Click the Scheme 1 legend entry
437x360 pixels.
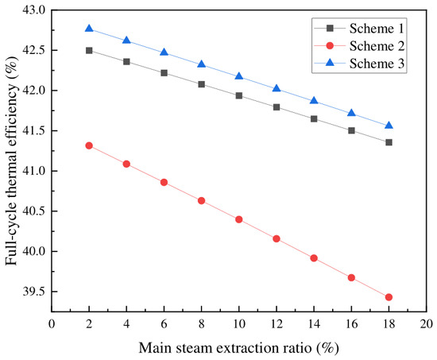(359, 29)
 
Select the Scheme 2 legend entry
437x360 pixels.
(359, 46)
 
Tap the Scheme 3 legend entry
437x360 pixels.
(359, 64)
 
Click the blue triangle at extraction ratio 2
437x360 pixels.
(89, 28)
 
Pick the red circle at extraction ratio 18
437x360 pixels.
(389, 297)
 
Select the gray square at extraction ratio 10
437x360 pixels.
(239, 95)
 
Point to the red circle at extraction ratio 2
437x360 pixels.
(89, 145)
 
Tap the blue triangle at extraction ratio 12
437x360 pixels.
(277, 88)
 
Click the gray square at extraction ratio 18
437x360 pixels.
(389, 142)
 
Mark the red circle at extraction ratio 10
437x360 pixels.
(239, 219)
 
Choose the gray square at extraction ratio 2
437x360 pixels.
(89, 51)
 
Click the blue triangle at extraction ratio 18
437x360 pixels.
(389, 126)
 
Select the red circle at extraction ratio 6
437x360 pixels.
(164, 182)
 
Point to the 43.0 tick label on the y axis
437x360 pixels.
(33, 10)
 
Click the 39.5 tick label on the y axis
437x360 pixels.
(33, 292)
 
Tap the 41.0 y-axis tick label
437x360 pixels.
(33, 171)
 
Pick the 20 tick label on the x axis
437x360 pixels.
(427, 324)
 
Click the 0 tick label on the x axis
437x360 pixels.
(52, 324)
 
